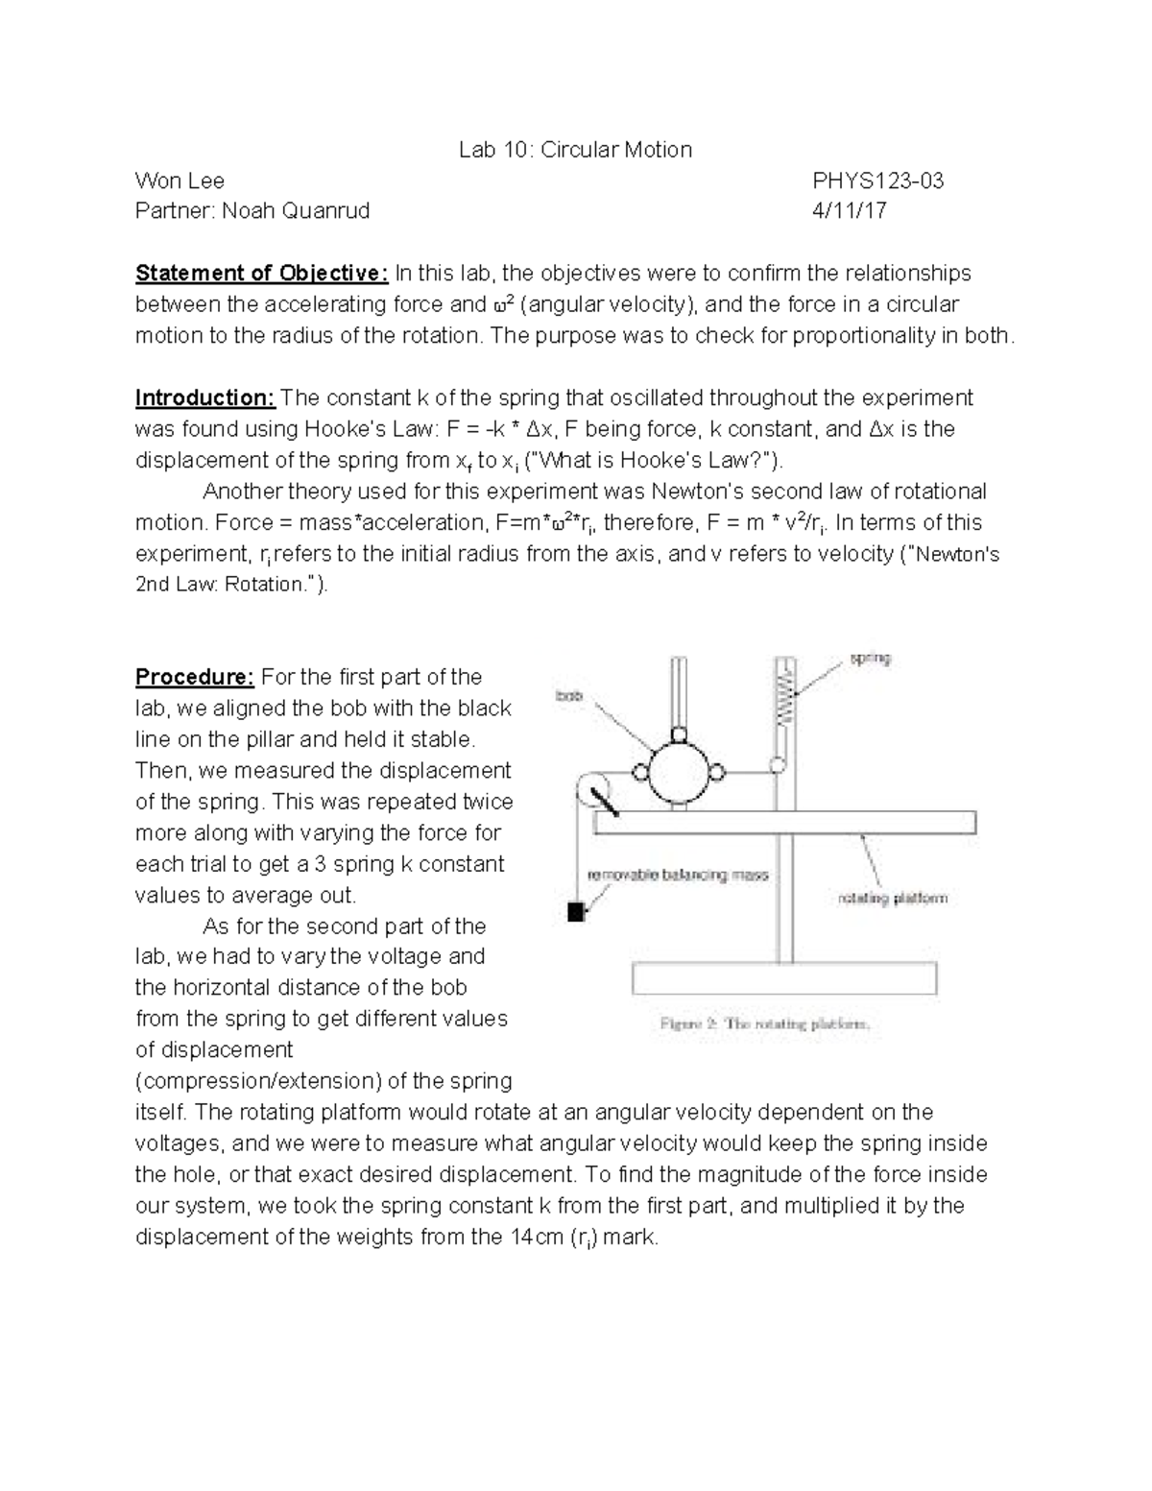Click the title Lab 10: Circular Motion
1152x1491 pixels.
[x=575, y=150]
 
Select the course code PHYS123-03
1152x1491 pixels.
[x=877, y=180]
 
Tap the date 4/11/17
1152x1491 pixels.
[x=849, y=211]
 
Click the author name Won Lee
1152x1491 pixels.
[x=180, y=180]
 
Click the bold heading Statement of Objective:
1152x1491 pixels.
[x=261, y=274]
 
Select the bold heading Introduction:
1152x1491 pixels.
[x=205, y=397]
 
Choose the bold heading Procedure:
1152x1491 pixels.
[x=194, y=677]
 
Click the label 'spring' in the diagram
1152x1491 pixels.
[x=870, y=659]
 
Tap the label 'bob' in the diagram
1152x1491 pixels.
[x=570, y=694]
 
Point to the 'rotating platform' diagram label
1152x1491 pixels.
[x=893, y=899]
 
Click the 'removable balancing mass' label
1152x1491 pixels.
[x=678, y=876]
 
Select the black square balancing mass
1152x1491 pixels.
[x=576, y=912]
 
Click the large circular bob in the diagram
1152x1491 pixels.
[x=680, y=772]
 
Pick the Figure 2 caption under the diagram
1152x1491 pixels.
[x=765, y=1023]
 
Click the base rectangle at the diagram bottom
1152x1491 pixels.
[x=784, y=978]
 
